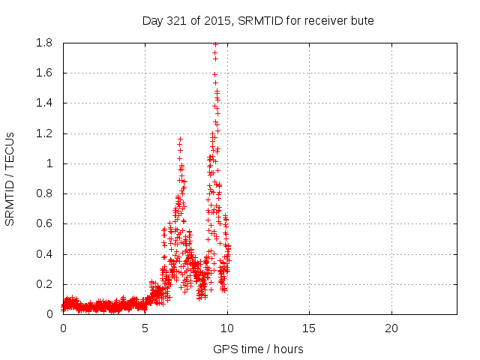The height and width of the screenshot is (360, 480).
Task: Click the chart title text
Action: (x=258, y=20)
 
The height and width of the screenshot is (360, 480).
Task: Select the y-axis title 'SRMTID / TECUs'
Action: (x=10, y=178)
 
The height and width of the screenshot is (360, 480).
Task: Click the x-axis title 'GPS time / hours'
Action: (x=258, y=349)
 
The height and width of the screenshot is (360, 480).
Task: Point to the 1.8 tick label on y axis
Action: (x=43, y=43)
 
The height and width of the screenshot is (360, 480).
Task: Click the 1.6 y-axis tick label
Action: (x=43, y=73)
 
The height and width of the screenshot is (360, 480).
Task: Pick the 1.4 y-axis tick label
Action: (x=43, y=103)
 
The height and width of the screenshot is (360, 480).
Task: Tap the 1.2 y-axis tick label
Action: (x=43, y=133)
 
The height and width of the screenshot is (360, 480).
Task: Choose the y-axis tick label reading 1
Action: (x=50, y=163)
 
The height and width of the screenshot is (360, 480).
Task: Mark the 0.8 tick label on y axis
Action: (x=43, y=193)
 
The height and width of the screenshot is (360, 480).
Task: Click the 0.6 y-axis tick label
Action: (x=43, y=223)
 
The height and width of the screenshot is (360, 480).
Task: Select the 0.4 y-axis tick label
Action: (x=43, y=254)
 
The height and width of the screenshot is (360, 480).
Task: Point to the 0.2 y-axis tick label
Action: (x=43, y=284)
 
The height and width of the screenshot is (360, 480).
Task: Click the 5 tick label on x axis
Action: (x=145, y=328)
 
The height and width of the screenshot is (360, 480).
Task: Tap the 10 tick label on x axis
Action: (x=227, y=328)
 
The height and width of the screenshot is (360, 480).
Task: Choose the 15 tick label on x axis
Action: (x=309, y=328)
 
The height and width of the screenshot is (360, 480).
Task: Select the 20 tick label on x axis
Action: (x=391, y=328)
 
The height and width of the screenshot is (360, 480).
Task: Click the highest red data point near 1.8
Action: (x=215, y=44)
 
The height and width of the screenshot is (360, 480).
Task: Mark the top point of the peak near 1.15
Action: (x=180, y=139)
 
